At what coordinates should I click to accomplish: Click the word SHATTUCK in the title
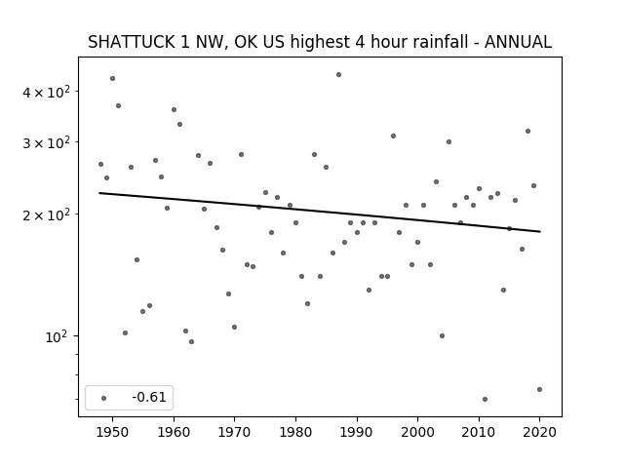pyautogui.click(x=132, y=42)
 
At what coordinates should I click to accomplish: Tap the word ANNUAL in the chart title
pyautogui.click(x=518, y=42)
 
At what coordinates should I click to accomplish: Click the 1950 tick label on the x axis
pyautogui.click(x=113, y=432)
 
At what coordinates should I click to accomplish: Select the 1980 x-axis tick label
pyautogui.click(x=295, y=432)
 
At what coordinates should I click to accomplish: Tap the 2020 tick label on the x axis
pyautogui.click(x=539, y=432)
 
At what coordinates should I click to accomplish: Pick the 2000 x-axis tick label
pyautogui.click(x=417, y=432)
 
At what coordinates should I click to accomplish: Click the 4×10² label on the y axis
pyautogui.click(x=46, y=92)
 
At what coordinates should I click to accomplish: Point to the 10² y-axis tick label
pyautogui.click(x=57, y=337)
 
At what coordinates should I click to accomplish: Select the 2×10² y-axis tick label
pyautogui.click(x=46, y=214)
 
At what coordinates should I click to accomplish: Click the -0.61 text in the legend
pyautogui.click(x=149, y=397)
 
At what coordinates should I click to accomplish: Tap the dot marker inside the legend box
pyautogui.click(x=104, y=398)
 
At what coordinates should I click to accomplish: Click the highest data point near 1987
pyautogui.click(x=338, y=74)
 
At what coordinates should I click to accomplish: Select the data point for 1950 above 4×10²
pyautogui.click(x=113, y=78)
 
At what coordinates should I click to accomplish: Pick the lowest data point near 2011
pyautogui.click(x=485, y=399)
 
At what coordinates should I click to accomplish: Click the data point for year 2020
pyautogui.click(x=539, y=390)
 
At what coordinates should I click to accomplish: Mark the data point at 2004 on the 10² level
pyautogui.click(x=442, y=335)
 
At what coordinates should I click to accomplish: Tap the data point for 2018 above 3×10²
pyautogui.click(x=528, y=131)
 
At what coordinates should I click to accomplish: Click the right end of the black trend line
pyautogui.click(x=540, y=232)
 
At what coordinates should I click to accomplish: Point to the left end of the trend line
pyautogui.click(x=99, y=193)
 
